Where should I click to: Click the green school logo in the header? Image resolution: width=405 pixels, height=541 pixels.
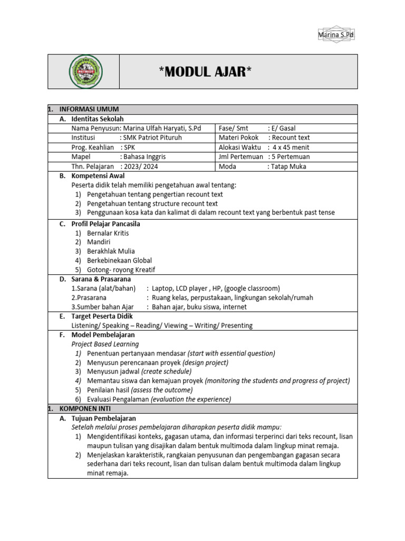point(86,71)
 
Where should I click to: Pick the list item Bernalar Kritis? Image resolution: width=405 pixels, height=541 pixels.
point(108,233)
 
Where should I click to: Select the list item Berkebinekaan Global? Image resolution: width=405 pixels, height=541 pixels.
point(119,260)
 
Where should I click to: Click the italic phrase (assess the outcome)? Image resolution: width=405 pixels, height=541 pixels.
point(162,390)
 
